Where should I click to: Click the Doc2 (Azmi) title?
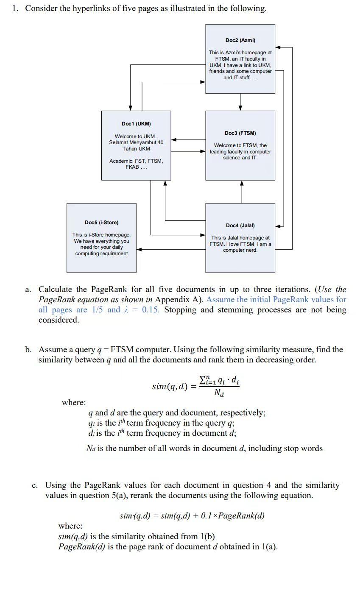click(240, 40)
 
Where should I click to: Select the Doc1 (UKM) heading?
click(136, 124)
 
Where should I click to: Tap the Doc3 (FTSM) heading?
click(240, 133)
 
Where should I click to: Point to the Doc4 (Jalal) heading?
click(240, 226)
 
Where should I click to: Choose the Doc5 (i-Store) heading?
click(101, 223)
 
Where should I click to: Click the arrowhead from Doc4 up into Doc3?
click(242, 184)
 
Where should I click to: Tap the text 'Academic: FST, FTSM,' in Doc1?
click(136, 161)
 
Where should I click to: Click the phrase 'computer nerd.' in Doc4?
click(240, 250)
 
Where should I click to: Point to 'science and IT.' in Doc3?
click(240, 158)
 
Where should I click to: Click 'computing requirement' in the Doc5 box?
click(101, 253)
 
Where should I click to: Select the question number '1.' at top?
click(15, 8)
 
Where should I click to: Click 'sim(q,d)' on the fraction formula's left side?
click(170, 387)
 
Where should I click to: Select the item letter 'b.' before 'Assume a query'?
click(28, 350)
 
